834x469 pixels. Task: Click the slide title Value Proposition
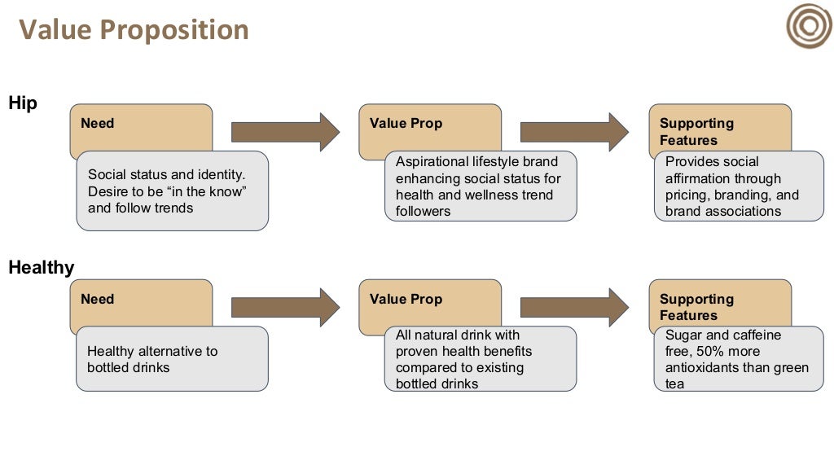[134, 30]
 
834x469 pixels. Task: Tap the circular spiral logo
[808, 26]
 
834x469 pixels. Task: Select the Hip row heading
[23, 103]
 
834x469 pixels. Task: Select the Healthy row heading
[42, 267]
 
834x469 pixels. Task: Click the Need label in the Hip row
[97, 124]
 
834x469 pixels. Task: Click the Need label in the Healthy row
[97, 300]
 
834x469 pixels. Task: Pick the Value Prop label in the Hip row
[406, 124]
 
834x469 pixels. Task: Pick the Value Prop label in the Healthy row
[406, 300]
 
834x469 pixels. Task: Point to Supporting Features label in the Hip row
[696, 132]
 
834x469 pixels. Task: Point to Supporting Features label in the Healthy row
[696, 308]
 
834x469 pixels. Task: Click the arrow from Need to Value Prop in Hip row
[285, 132]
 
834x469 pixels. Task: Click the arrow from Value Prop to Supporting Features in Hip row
[574, 132]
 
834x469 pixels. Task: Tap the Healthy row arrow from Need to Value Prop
[285, 307]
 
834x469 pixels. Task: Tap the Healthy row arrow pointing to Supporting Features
[574, 307]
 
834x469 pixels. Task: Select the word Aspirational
[430, 162]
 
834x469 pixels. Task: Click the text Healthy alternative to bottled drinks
[152, 359]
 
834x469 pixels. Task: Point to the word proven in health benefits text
[416, 351]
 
